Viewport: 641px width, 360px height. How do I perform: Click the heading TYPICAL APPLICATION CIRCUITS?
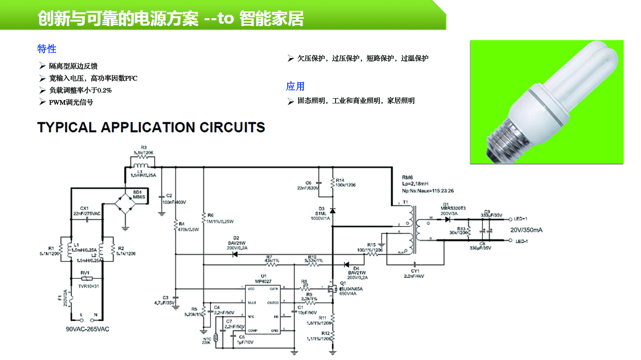click(151, 127)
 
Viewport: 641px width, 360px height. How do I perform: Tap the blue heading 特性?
click(47, 49)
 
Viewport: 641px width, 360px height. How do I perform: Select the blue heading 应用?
click(295, 86)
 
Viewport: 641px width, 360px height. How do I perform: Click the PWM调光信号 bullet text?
click(71, 102)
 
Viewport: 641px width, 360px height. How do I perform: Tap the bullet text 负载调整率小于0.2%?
click(80, 90)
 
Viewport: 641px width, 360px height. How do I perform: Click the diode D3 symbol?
click(333, 210)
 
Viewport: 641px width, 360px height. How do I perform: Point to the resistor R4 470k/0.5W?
click(175, 226)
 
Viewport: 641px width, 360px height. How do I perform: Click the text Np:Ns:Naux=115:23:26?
click(427, 191)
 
